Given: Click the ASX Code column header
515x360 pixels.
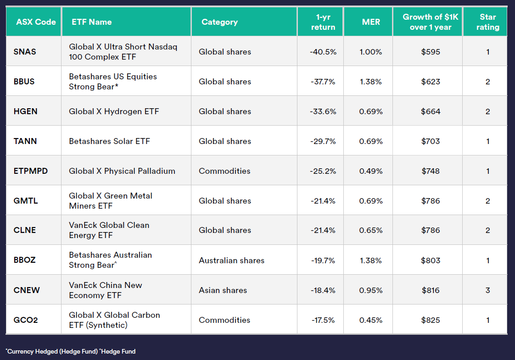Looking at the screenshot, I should tap(36, 22).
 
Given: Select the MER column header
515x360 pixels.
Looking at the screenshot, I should tap(371, 22).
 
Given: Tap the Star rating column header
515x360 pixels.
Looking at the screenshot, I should tap(487, 22).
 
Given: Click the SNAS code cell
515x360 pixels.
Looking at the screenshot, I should tap(25, 52).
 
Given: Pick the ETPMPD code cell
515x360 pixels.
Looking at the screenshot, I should tap(31, 171).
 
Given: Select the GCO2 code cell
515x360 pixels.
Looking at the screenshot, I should tap(26, 320).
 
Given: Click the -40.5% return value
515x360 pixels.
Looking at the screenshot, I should tap(323, 52).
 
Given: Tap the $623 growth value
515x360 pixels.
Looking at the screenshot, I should tap(431, 82).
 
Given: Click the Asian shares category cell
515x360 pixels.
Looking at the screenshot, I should tap(223, 290).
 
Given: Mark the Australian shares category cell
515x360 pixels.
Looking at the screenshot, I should tap(231, 260).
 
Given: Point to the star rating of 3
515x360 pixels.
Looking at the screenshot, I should tap(487, 290).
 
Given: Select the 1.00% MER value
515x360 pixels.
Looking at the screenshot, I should tap(370, 52).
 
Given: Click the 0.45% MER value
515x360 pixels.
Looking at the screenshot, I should tap(370, 320).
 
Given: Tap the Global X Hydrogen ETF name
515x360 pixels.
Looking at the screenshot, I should tap(114, 111).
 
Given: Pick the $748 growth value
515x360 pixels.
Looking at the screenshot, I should tap(431, 171).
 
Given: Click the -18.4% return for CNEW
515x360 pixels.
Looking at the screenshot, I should tap(323, 290).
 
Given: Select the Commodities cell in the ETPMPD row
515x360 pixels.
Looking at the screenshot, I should tap(224, 171).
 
